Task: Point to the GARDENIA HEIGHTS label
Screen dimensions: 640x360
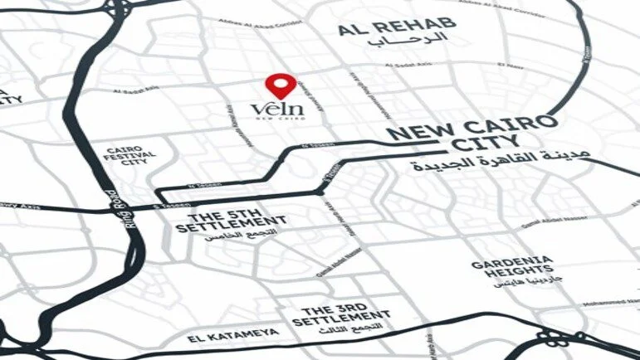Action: tap(511, 268)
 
